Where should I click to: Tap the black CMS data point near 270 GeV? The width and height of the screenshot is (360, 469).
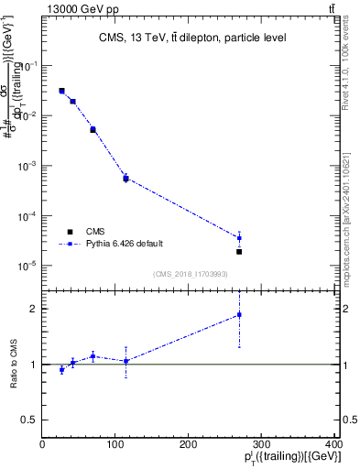239,251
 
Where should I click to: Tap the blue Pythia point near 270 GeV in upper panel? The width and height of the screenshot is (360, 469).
239,238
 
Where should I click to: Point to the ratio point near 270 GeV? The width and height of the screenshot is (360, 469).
239,315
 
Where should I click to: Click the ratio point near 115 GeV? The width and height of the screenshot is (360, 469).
125,361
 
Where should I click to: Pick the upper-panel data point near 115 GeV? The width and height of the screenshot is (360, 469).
125,178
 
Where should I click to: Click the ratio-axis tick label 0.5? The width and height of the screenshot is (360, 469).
28,420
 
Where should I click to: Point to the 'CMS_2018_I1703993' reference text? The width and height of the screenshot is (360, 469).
190,274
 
